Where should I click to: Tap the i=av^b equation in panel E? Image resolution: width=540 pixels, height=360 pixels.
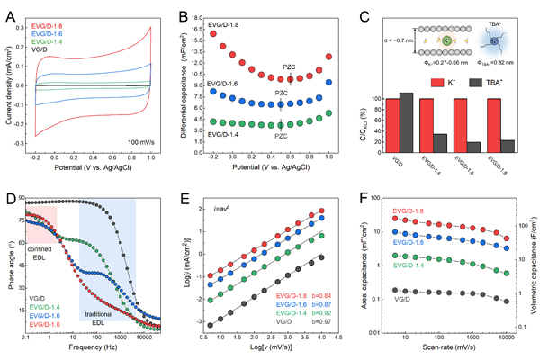[225, 210]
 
